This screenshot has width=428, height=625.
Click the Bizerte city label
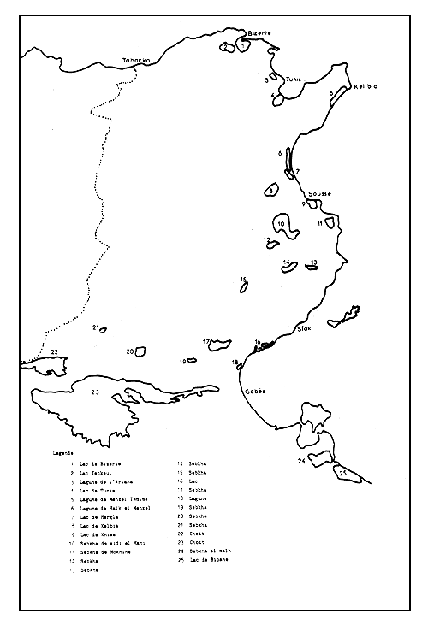point(258,32)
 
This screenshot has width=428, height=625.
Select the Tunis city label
point(294,75)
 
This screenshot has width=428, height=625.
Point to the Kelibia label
point(366,86)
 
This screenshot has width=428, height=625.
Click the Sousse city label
point(319,194)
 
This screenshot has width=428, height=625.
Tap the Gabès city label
point(255,391)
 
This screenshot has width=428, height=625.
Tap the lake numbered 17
point(220,345)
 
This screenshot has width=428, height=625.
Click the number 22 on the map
point(53,351)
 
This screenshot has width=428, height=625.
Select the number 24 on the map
point(301,461)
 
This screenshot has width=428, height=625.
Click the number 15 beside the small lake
point(244,280)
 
